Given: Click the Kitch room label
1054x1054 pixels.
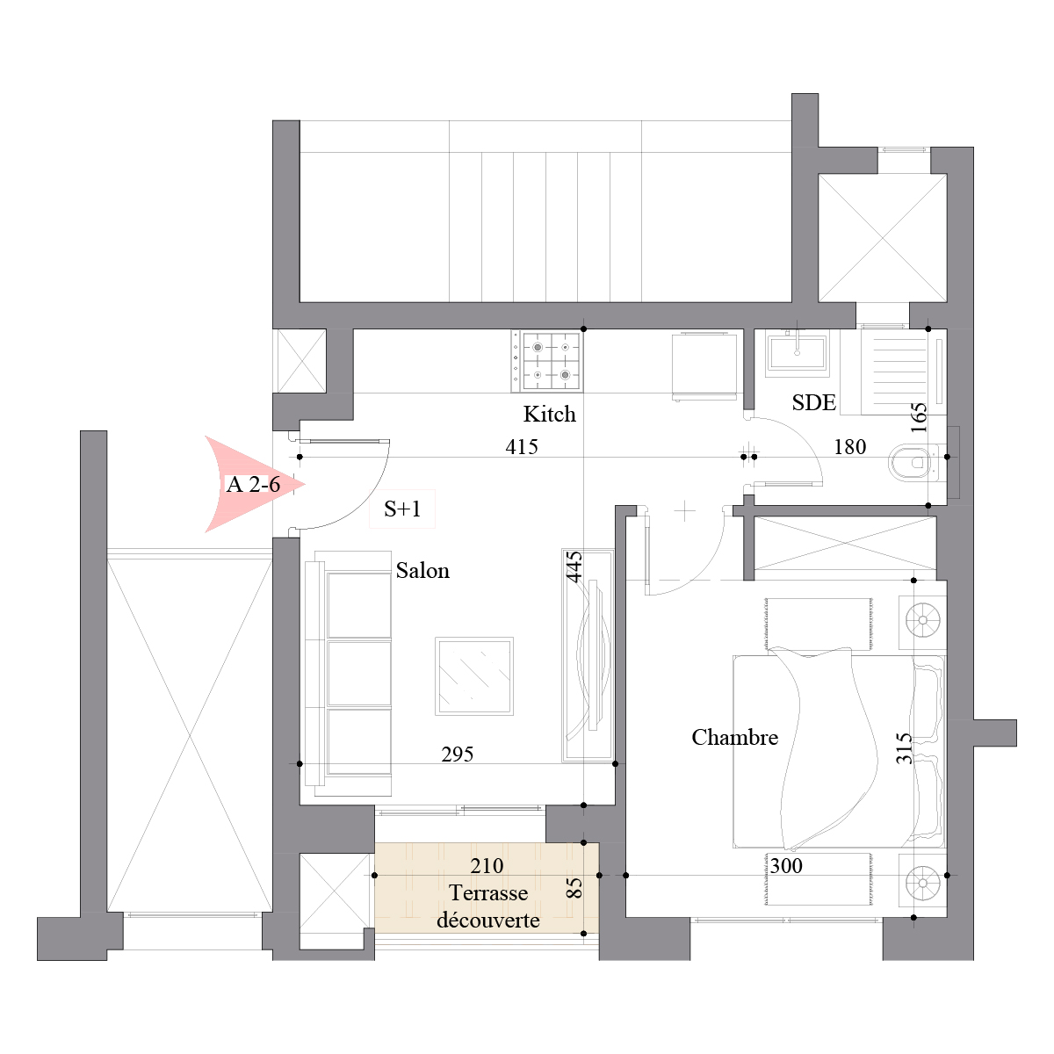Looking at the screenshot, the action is click(549, 414).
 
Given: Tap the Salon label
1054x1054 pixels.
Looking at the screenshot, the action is click(422, 571).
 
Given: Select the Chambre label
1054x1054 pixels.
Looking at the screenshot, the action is click(734, 737).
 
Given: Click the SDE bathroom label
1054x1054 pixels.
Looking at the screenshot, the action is click(814, 402).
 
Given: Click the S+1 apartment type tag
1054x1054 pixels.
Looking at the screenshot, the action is click(402, 509).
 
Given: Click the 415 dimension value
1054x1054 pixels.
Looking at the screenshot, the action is click(521, 447).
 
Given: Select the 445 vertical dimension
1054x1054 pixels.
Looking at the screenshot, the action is click(574, 567).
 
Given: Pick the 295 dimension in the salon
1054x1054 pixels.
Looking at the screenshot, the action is click(458, 754).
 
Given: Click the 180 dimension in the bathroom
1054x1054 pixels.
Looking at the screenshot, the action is click(849, 447).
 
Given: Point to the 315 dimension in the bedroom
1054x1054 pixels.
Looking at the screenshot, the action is click(904, 748).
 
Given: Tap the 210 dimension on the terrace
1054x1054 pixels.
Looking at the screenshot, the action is click(487, 866).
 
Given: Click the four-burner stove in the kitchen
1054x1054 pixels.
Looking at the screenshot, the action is click(546, 361).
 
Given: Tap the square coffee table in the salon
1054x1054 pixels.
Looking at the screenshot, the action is click(473, 676).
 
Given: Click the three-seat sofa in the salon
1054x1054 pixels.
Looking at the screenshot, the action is click(348, 674).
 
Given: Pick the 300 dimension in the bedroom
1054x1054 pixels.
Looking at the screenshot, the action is click(786, 866).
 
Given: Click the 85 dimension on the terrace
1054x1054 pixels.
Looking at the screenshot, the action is click(574, 888).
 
